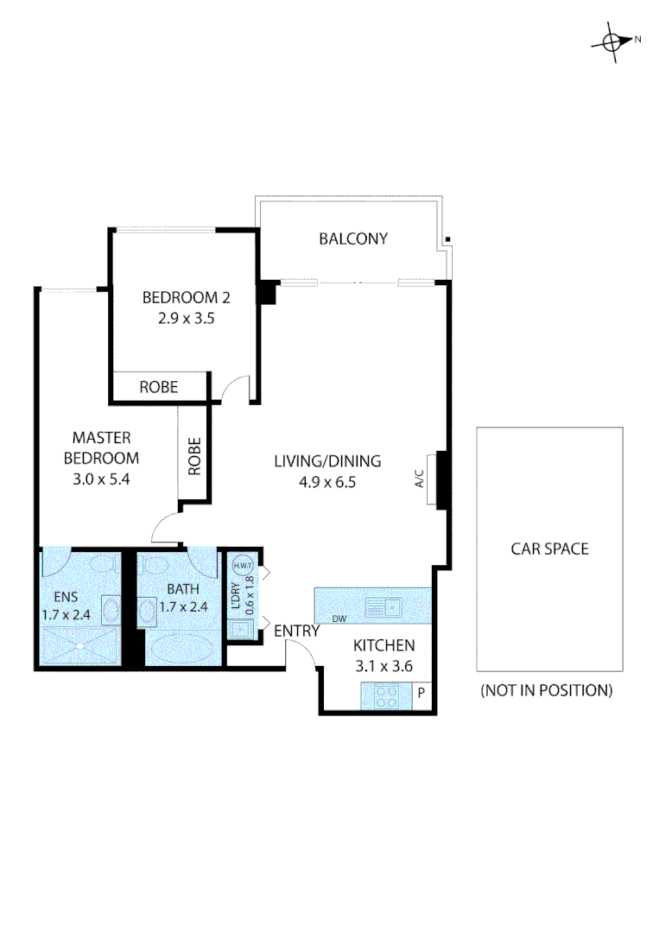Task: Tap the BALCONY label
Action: (x=353, y=238)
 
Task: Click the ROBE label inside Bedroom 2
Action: (x=159, y=387)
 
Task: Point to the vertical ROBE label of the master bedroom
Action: (x=194, y=456)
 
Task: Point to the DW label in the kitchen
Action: (x=340, y=618)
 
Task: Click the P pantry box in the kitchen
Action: (x=421, y=693)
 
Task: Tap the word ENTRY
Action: (x=296, y=632)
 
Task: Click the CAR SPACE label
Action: (x=549, y=549)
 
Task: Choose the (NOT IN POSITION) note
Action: (x=547, y=690)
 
